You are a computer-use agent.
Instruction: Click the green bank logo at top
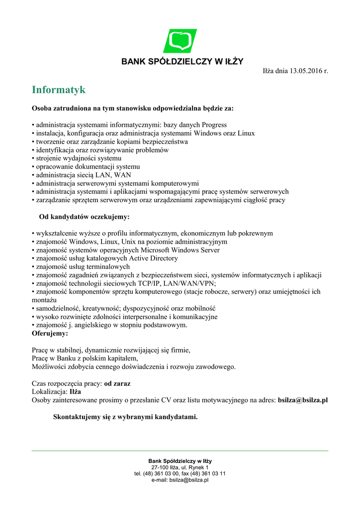pyautogui.click(x=180, y=41)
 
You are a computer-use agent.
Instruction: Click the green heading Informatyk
pyautogui.click(x=59, y=90)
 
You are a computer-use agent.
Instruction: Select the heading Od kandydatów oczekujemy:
pyautogui.click(x=84, y=217)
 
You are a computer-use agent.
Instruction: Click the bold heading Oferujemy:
pyautogui.click(x=50, y=334)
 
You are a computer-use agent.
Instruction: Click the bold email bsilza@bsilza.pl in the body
pyautogui.click(x=303, y=400)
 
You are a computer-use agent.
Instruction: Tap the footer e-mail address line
pyautogui.click(x=180, y=480)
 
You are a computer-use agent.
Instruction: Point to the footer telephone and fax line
pyautogui.click(x=180, y=474)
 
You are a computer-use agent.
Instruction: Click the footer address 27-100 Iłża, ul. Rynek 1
pyautogui.click(x=180, y=467)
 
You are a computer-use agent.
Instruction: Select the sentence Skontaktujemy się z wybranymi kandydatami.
pyautogui.click(x=125, y=417)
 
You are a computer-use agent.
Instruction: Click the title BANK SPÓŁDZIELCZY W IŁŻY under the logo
pyautogui.click(x=182, y=62)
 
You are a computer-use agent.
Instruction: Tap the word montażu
pyautogui.click(x=44, y=300)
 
